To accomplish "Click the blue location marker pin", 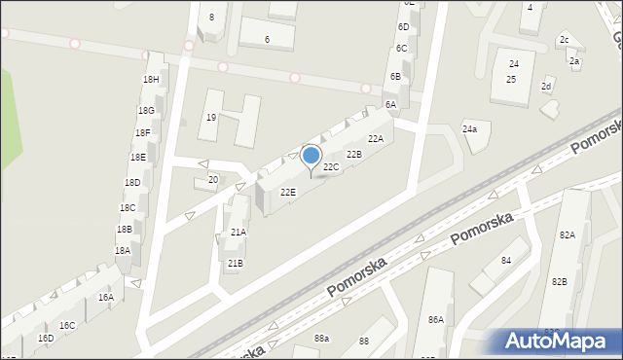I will [311, 157].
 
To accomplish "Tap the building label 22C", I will [331, 167].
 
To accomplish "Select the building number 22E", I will [288, 193].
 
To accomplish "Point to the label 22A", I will [375, 139].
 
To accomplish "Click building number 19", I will [210, 118].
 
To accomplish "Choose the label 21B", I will [235, 264].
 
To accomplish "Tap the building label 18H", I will [150, 80].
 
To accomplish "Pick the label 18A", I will [122, 251].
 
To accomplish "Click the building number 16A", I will [105, 298].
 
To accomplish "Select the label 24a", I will [470, 129].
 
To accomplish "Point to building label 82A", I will [567, 235].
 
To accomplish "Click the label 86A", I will [435, 320].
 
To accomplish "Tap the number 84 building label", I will [506, 261].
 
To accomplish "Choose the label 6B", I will [395, 76].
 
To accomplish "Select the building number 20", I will [213, 180].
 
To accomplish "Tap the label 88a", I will [321, 338].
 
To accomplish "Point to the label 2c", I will [564, 40].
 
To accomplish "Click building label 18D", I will [132, 183].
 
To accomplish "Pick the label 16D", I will [46, 339].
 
